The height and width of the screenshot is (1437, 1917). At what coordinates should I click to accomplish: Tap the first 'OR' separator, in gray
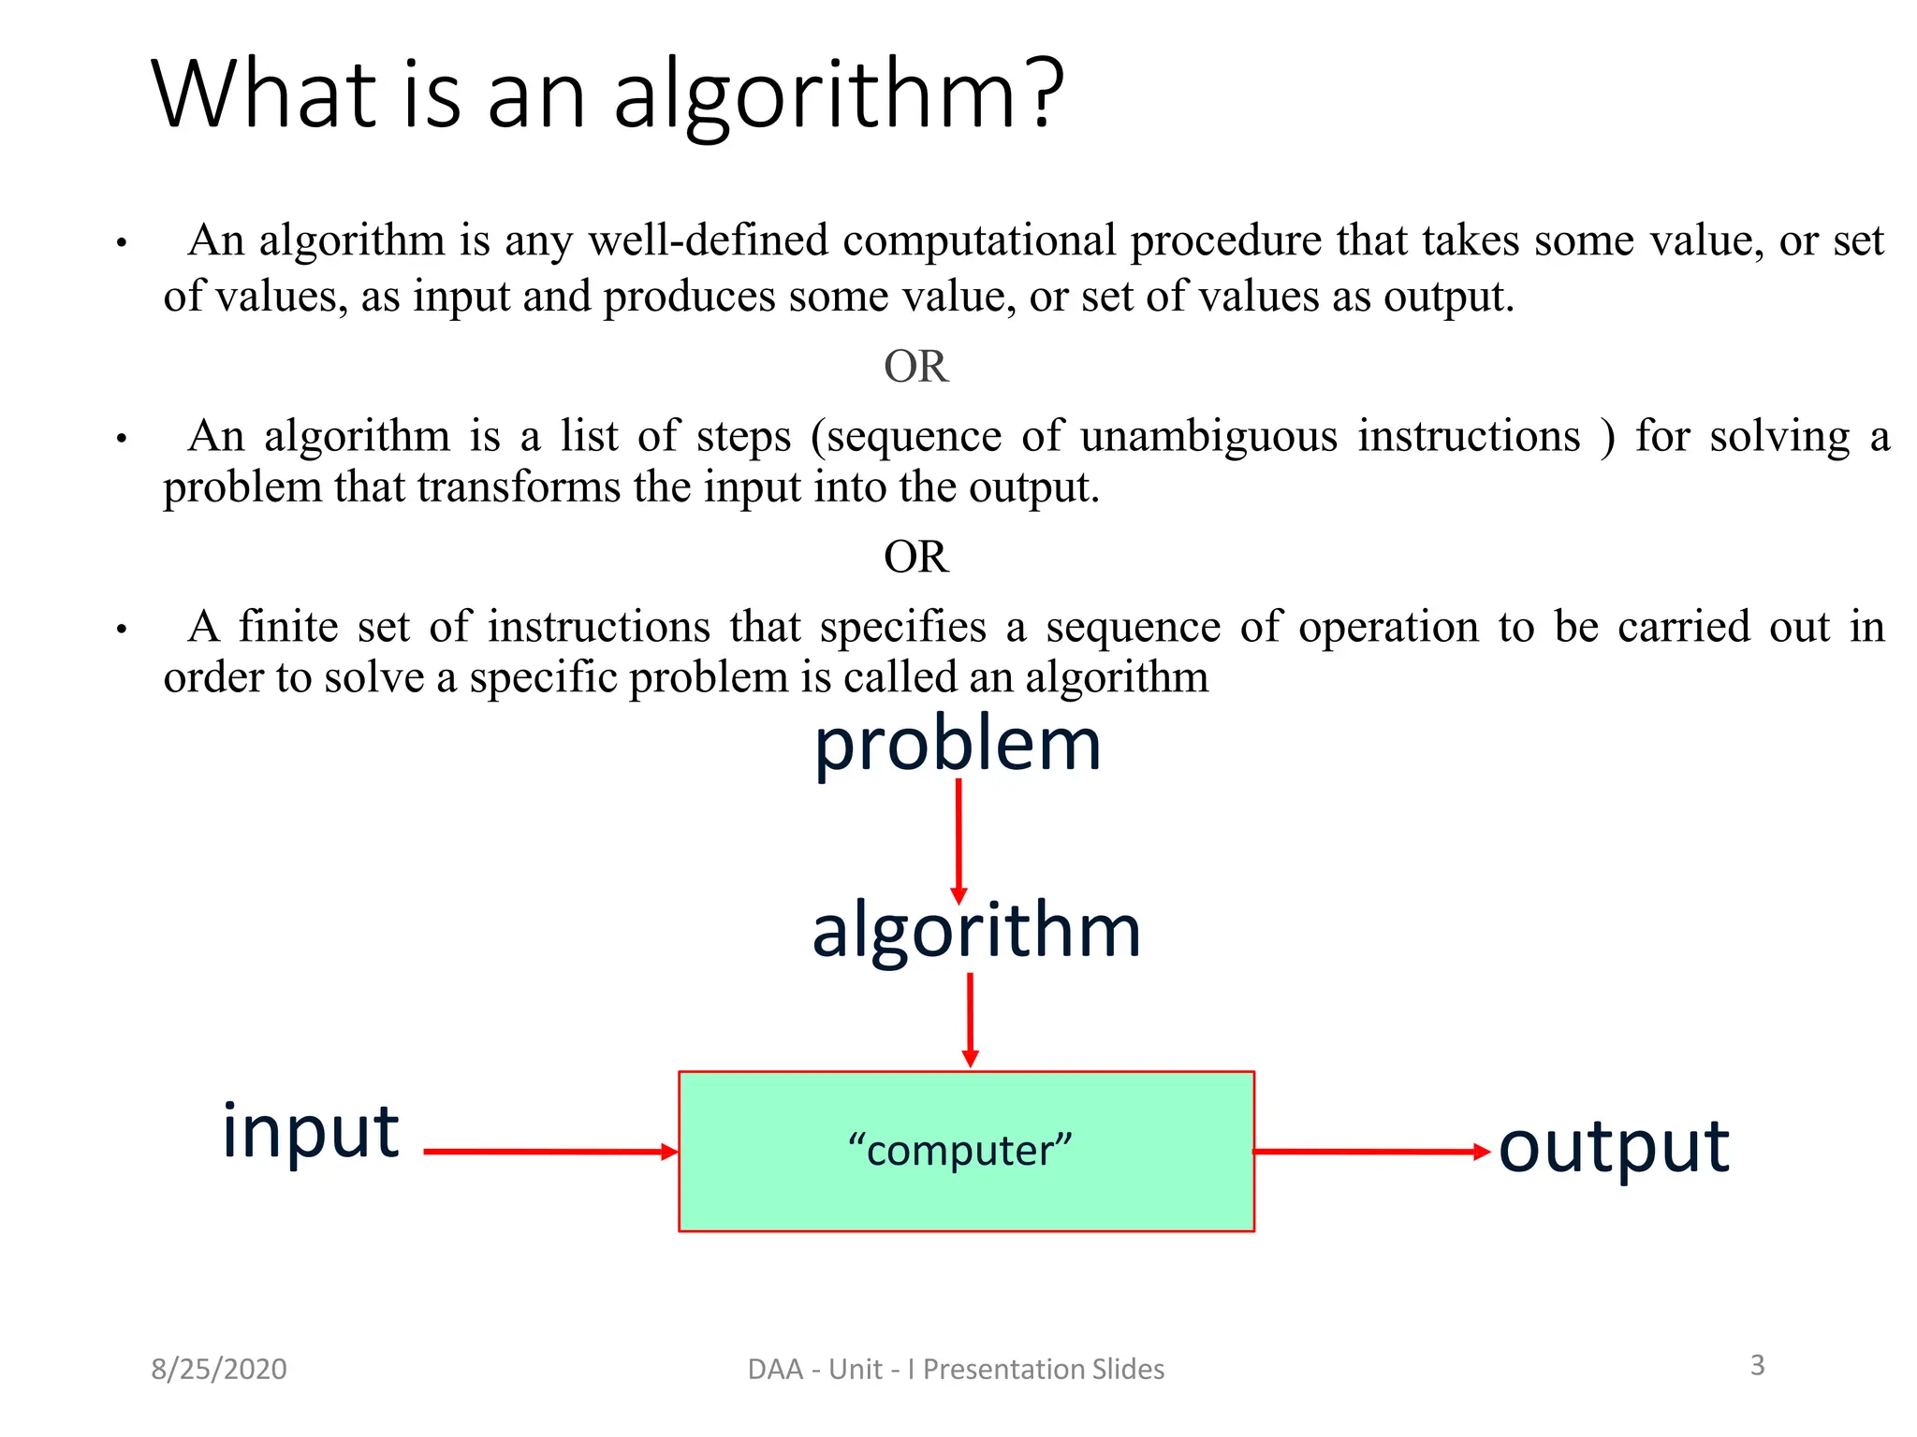click(915, 366)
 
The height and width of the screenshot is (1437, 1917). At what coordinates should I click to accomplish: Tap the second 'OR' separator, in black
click(915, 557)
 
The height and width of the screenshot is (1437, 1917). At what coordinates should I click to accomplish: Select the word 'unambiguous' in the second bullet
click(1208, 437)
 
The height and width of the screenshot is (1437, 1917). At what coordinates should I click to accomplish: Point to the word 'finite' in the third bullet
click(288, 626)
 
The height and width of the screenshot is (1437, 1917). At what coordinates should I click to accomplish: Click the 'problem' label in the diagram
click(957, 746)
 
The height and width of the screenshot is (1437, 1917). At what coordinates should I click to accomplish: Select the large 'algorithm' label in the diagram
click(975, 931)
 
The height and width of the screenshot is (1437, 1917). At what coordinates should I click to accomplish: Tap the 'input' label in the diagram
click(310, 1132)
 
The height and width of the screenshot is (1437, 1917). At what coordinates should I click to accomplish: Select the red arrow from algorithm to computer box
click(970, 1020)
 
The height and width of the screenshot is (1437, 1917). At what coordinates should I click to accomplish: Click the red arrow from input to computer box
click(550, 1152)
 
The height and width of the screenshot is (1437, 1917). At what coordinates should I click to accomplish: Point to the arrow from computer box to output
click(1371, 1152)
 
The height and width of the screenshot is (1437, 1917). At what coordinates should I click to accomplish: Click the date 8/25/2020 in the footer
click(219, 1369)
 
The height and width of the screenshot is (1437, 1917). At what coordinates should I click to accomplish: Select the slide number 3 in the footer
click(1757, 1365)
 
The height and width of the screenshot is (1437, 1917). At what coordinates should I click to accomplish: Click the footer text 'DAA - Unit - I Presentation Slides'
click(956, 1369)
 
